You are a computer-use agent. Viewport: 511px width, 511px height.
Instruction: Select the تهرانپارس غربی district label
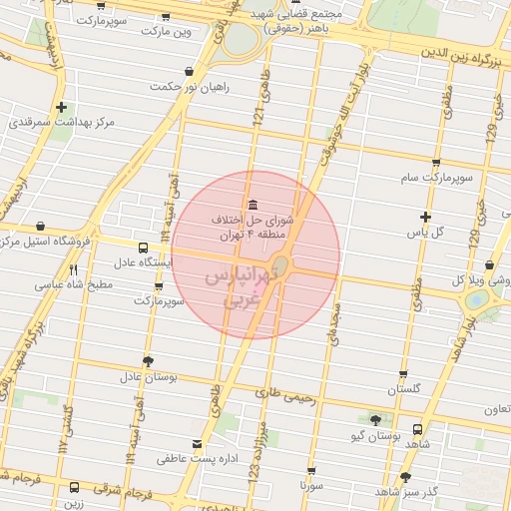[240, 286]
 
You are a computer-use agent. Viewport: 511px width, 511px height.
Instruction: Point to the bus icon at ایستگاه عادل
[143, 248]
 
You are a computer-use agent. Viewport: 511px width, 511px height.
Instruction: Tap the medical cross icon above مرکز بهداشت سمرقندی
[62, 108]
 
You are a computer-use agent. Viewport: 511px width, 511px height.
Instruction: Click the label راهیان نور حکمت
[190, 87]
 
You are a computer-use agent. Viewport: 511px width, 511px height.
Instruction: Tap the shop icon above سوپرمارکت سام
[431, 162]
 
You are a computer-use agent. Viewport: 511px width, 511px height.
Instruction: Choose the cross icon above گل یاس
[426, 217]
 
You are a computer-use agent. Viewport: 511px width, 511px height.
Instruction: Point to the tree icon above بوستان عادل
[149, 361]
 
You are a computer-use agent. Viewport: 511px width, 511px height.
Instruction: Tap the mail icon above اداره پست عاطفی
[197, 443]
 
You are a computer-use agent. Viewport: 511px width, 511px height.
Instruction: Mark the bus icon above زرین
[74, 488]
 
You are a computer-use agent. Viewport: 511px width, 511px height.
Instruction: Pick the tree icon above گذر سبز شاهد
[405, 477]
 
